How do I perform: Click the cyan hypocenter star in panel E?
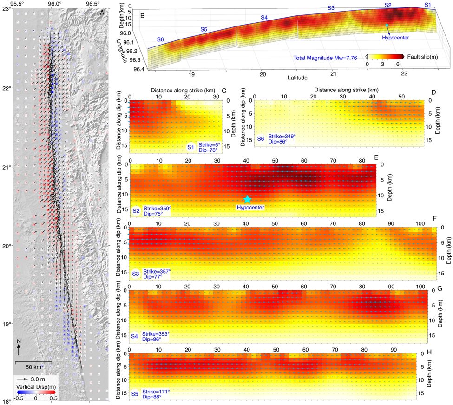click(x=247, y=199)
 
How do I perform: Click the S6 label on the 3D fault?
click(x=161, y=39)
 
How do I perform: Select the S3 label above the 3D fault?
click(x=331, y=8)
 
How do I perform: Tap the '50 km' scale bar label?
click(x=33, y=367)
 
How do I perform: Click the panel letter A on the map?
click(x=102, y=13)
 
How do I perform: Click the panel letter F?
click(x=434, y=218)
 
